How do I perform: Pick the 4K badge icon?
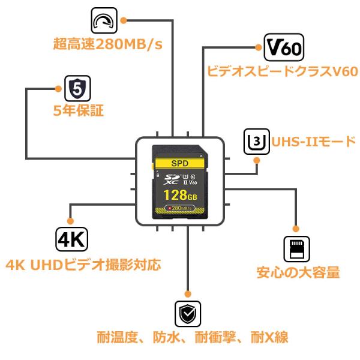[x=72, y=239]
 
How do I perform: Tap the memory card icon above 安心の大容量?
[x=296, y=249]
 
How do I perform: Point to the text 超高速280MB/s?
[x=107, y=44]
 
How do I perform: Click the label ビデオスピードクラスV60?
[x=283, y=71]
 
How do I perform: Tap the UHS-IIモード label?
[x=314, y=142]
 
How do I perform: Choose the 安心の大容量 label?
[x=298, y=272]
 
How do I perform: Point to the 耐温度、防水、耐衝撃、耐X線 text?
[x=192, y=337]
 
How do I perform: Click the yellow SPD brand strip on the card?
[x=180, y=163]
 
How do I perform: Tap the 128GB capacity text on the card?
[x=180, y=195]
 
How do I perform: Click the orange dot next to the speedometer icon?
[x=124, y=20]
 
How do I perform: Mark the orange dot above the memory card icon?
[x=295, y=229]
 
